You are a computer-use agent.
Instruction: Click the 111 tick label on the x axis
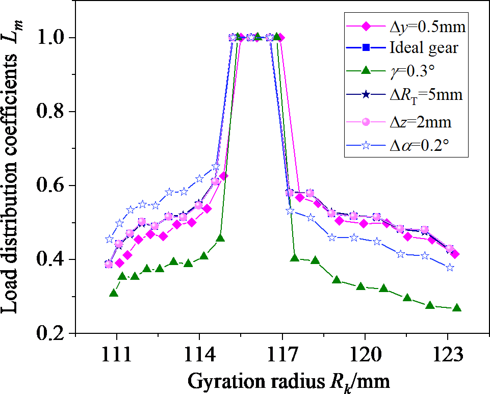116,354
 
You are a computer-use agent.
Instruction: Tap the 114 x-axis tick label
199,354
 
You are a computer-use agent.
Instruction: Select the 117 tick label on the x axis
282,354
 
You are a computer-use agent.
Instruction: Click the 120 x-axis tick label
365,354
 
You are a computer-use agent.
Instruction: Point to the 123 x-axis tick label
448,354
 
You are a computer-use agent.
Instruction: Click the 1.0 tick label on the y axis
51,37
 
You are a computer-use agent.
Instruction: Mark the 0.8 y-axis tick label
51,111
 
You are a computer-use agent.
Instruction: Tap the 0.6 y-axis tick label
51,186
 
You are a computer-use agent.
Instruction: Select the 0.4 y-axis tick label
51,259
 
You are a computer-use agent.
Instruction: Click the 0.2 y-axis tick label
51,333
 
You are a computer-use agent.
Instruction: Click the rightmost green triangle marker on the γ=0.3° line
456,308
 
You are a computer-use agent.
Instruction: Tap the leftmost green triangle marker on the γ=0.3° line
114,293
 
